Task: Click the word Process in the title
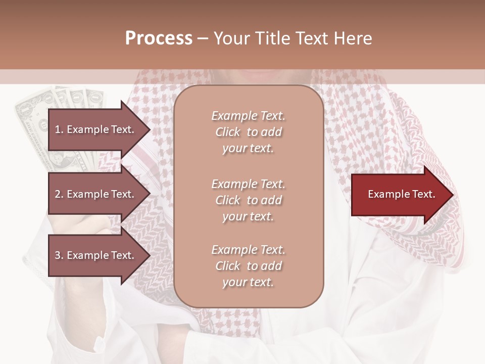[159, 38]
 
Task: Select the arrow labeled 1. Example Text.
[96, 129]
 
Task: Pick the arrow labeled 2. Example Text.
[96, 194]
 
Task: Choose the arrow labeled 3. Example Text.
[96, 255]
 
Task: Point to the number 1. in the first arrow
[59, 129]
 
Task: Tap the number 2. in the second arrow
[59, 194]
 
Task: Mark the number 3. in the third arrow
[59, 255]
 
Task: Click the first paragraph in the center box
[249, 132]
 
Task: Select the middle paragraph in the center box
[249, 200]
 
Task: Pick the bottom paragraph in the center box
[249, 266]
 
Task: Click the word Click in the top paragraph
[228, 132]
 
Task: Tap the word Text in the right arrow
[424, 194]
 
